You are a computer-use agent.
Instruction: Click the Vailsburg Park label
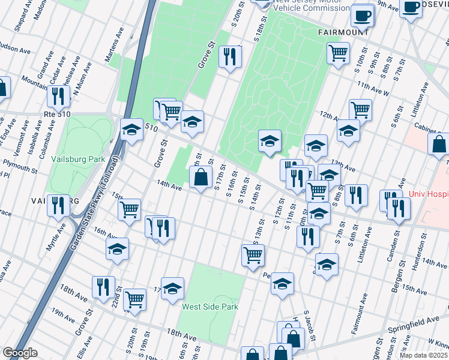click(78, 159)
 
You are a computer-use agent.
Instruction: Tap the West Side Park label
click(210, 307)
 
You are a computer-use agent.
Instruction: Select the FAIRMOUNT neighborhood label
click(339, 32)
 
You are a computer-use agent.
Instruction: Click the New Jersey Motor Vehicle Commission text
click(311, 5)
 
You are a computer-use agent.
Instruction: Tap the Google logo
click(20, 353)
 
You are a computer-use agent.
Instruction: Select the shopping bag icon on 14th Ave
click(200, 177)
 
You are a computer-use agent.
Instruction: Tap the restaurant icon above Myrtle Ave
click(58, 205)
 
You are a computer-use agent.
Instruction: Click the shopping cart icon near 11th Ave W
click(339, 52)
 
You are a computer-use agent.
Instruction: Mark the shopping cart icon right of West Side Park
click(253, 254)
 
